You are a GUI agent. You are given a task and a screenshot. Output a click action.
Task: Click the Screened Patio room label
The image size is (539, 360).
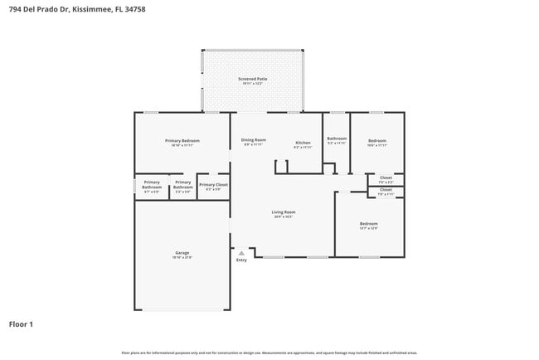coord(253,79)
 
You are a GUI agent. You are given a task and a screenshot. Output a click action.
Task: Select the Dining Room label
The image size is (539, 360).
coord(254,140)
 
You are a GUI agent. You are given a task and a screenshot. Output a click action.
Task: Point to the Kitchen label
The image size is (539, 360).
coord(303,144)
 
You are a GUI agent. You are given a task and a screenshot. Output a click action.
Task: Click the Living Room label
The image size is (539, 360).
coord(284,212)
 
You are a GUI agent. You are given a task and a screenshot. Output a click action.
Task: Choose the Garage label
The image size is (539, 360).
coord(182,252)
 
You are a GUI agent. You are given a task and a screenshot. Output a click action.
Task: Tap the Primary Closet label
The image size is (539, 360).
coord(213,185)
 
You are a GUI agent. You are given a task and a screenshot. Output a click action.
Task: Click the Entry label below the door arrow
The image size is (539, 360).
coord(241,260)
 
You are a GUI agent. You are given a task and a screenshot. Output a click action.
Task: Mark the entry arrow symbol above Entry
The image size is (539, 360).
coord(241,251)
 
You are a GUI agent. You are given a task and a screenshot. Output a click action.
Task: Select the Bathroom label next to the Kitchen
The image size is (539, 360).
coord(337,139)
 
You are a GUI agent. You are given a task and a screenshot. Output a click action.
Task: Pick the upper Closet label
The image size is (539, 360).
coord(386,178)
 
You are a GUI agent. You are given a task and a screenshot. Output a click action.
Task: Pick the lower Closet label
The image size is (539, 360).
coord(386,190)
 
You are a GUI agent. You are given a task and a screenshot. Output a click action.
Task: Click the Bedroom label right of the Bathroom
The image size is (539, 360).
coord(377,141)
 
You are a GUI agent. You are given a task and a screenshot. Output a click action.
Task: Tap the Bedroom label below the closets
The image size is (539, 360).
coord(368,224)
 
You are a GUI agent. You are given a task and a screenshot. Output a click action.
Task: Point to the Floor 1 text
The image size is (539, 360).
coord(21,324)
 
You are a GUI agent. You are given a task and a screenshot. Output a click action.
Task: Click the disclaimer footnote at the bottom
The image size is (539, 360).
coord(269,353)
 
